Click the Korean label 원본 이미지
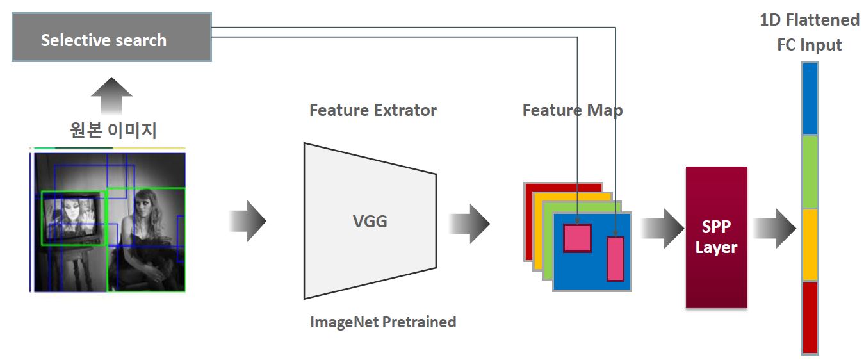tap(113, 131)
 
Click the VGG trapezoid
tap(370, 222)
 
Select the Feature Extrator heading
tap(373, 110)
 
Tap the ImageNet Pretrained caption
tap(383, 322)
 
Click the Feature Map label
tap(572, 110)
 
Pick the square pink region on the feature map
tap(577, 238)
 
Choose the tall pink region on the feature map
tap(615, 258)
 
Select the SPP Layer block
tap(716, 237)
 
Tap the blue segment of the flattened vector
tap(810, 99)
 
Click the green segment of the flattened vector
tap(810, 172)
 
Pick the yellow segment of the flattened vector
tap(810, 245)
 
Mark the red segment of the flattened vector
tap(810, 316)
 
